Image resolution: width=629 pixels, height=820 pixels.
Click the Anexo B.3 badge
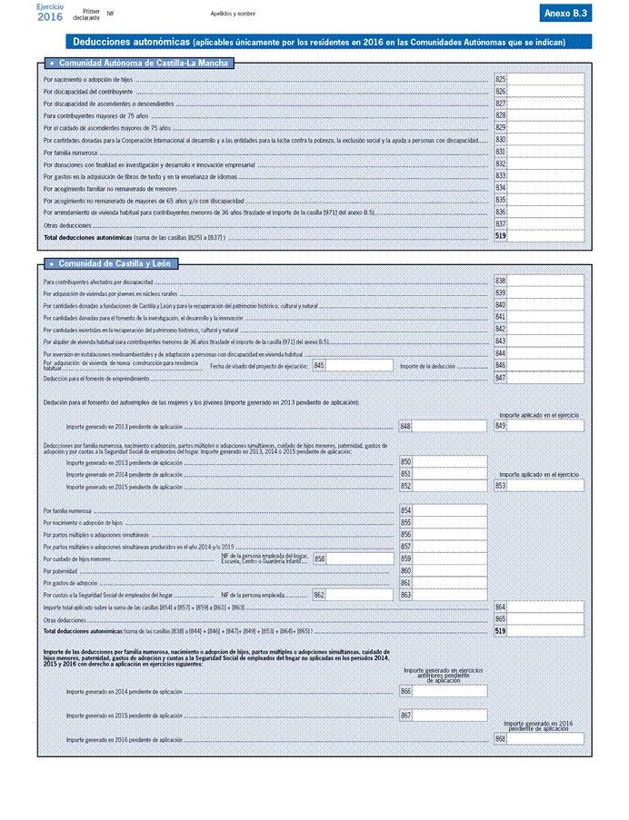pyautogui.click(x=566, y=14)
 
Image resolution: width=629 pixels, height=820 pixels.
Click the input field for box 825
pyautogui.click(x=544, y=80)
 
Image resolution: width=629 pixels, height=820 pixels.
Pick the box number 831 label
pyautogui.click(x=500, y=152)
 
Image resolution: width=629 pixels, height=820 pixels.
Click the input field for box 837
pyautogui.click(x=544, y=223)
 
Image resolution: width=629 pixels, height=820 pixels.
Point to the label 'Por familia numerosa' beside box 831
pyautogui.click(x=64, y=153)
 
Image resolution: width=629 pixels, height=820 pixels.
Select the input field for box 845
pyautogui.click(x=359, y=365)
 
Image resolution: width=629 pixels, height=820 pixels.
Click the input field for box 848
pyautogui.click(x=449, y=426)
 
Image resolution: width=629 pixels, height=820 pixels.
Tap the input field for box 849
pyautogui.click(x=544, y=426)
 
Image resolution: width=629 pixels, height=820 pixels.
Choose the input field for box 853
pyautogui.click(x=544, y=486)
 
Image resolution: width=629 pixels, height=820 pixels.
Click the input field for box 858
pyautogui.click(x=359, y=558)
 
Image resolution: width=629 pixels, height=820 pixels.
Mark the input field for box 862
pyautogui.click(x=359, y=595)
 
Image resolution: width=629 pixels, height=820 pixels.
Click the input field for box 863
pyautogui.click(x=449, y=595)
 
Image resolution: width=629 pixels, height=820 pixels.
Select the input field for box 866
pyautogui.click(x=449, y=692)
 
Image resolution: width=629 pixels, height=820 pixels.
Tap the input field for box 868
pyautogui.click(x=544, y=739)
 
